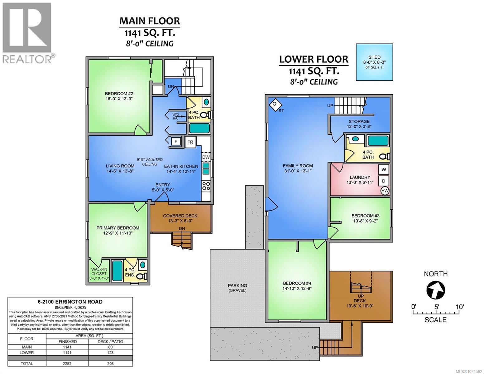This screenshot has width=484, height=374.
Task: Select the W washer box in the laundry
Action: pyautogui.click(x=384, y=170)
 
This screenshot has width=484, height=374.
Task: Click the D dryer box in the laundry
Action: pyautogui.click(x=384, y=181)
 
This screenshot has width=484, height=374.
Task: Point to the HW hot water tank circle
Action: pyautogui.click(x=385, y=191)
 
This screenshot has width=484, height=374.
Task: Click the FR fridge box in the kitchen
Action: pyautogui.click(x=190, y=142)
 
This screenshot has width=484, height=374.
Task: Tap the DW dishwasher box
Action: pyautogui.click(x=206, y=157)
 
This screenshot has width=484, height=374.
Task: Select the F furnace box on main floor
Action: pyautogui.click(x=176, y=141)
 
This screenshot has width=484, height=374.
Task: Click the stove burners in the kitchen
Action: pyautogui.click(x=206, y=186)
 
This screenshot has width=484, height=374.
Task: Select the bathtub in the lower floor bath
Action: pyautogui.click(x=378, y=141)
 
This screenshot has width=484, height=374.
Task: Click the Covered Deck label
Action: pyautogui.click(x=180, y=218)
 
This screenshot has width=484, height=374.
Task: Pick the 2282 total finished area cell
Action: pyautogui.click(x=67, y=363)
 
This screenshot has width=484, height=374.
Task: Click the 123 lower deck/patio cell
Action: pyautogui.click(x=110, y=352)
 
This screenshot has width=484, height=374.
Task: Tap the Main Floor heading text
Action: pyautogui.click(x=150, y=21)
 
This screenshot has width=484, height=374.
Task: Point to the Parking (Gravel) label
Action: pyautogui.click(x=237, y=288)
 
